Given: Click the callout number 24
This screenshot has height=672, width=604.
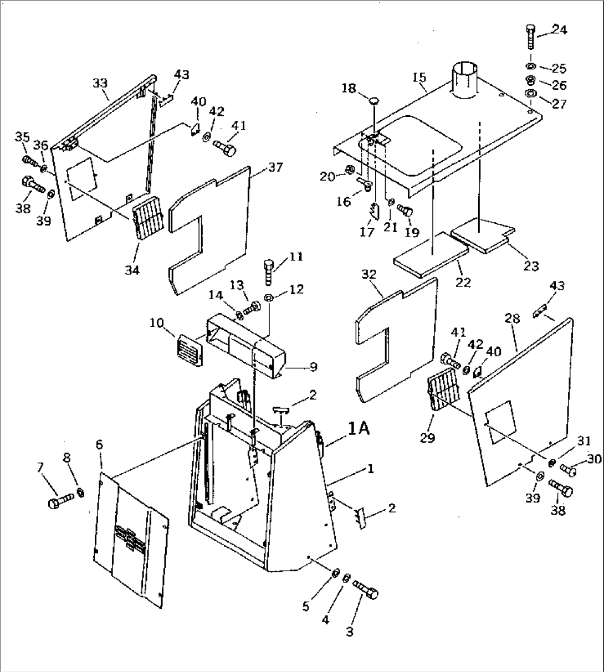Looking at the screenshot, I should click(x=559, y=30).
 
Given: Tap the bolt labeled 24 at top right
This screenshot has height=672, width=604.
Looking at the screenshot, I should click(x=530, y=37).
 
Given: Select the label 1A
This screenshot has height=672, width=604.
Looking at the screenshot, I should click(x=359, y=428).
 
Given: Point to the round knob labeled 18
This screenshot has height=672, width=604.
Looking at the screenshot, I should click(x=375, y=101).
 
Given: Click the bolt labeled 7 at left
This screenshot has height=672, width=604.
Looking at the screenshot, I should click(x=59, y=502).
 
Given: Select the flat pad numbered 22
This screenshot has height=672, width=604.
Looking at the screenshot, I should click(x=429, y=254).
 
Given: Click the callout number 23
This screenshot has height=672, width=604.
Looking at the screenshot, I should click(x=531, y=266).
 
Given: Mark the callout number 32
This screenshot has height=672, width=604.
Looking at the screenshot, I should click(x=369, y=274).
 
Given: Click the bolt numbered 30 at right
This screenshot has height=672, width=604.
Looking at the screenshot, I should click(x=567, y=470).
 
